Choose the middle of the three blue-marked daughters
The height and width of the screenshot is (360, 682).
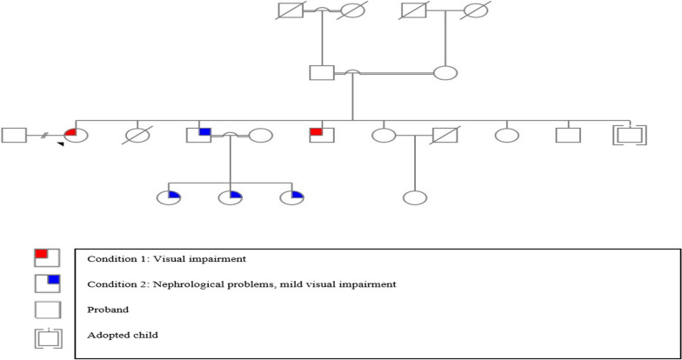point(230,197)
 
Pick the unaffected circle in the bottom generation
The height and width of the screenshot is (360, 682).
point(414,197)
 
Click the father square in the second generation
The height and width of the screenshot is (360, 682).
point(322,73)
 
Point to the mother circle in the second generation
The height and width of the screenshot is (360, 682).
point(445,73)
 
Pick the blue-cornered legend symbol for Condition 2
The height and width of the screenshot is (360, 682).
point(45,283)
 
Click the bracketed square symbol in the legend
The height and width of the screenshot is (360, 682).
point(45,335)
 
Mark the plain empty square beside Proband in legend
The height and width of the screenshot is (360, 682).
point(45,309)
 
